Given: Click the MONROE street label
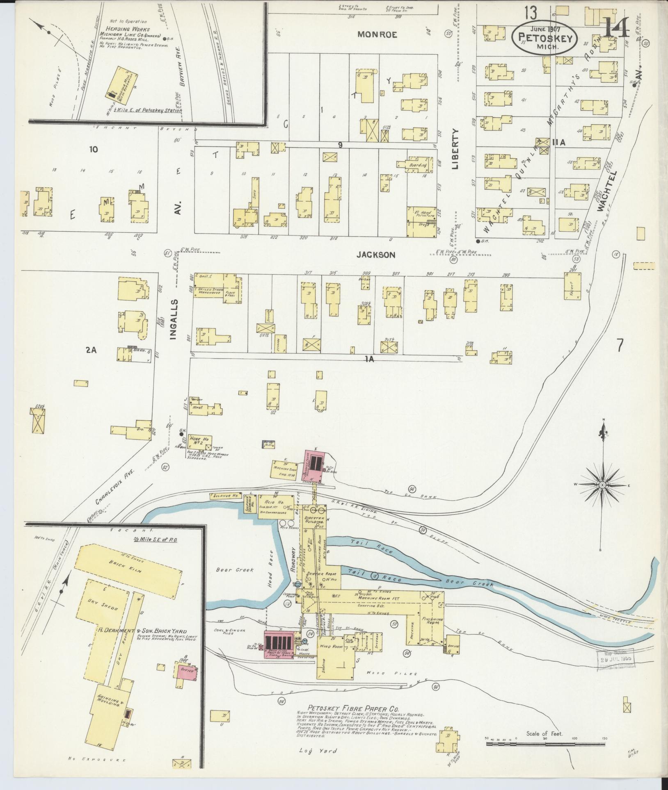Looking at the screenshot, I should tap(377, 35).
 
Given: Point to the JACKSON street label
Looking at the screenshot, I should tap(375, 255).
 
